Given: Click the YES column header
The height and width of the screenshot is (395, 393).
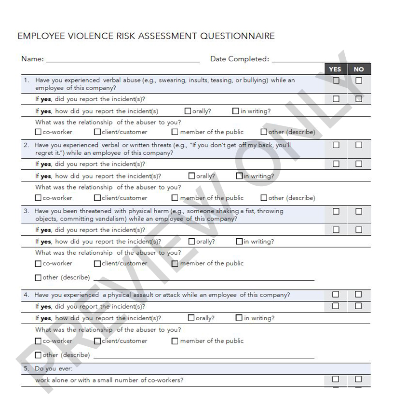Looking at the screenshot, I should click(335, 69).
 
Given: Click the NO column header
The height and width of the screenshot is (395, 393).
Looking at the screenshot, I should click(358, 69).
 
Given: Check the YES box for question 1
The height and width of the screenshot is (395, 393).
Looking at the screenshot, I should click(336, 81).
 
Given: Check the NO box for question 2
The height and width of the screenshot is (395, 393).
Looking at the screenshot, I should click(359, 145).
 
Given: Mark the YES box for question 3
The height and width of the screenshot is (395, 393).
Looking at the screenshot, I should click(336, 211).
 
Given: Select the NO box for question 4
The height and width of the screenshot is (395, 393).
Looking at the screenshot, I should click(359, 294).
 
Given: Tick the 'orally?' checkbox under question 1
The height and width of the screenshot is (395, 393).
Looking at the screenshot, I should click(188, 111).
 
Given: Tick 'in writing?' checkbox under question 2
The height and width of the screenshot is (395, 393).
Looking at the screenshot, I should click(239, 176).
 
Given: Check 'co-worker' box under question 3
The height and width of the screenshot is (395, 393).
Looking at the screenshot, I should click(39, 264).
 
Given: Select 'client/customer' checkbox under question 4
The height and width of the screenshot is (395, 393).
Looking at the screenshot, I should click(97, 341).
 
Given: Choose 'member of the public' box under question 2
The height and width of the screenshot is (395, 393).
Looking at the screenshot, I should click(175, 198).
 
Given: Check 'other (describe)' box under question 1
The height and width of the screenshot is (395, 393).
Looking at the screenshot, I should click(264, 132).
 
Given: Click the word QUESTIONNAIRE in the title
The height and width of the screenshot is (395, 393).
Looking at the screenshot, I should click(237, 36).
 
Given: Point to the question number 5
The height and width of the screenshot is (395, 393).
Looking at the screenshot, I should click(26, 368).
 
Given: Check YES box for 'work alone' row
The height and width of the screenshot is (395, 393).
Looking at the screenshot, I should click(336, 379).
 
